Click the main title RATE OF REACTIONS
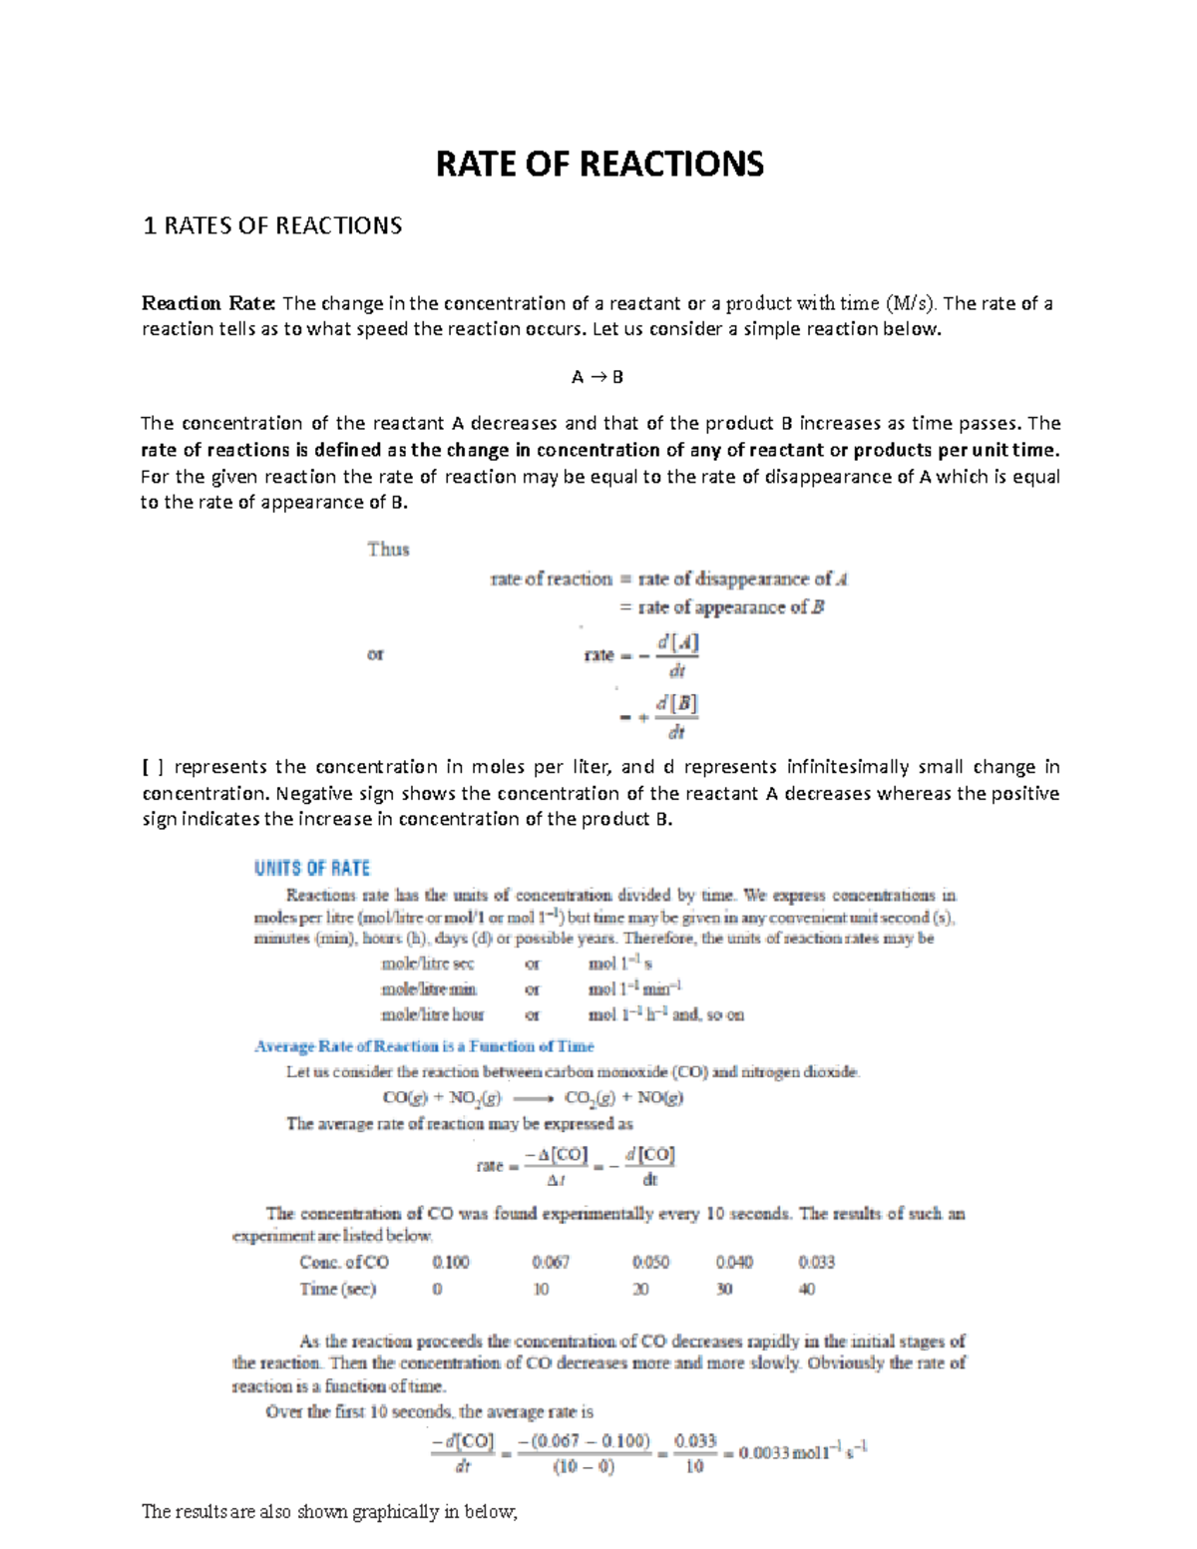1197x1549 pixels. tap(599, 163)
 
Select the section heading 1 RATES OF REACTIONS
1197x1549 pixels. tap(272, 225)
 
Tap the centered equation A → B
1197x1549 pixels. tap(597, 377)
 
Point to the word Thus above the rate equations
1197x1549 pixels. tap(388, 549)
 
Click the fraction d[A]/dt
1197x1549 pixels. tap(677, 656)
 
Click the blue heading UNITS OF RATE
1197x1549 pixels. tap(312, 868)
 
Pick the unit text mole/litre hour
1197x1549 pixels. tap(432, 1014)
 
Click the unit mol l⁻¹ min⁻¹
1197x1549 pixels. tap(634, 989)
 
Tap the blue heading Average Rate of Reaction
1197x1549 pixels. tap(424, 1046)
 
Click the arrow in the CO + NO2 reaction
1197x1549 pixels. tap(534, 1098)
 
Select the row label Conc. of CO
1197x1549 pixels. tap(344, 1262)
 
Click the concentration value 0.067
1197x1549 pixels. tap(551, 1262)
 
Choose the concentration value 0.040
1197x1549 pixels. tap(734, 1262)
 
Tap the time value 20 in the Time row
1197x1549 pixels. tap(640, 1289)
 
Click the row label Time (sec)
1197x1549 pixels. tap(338, 1289)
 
